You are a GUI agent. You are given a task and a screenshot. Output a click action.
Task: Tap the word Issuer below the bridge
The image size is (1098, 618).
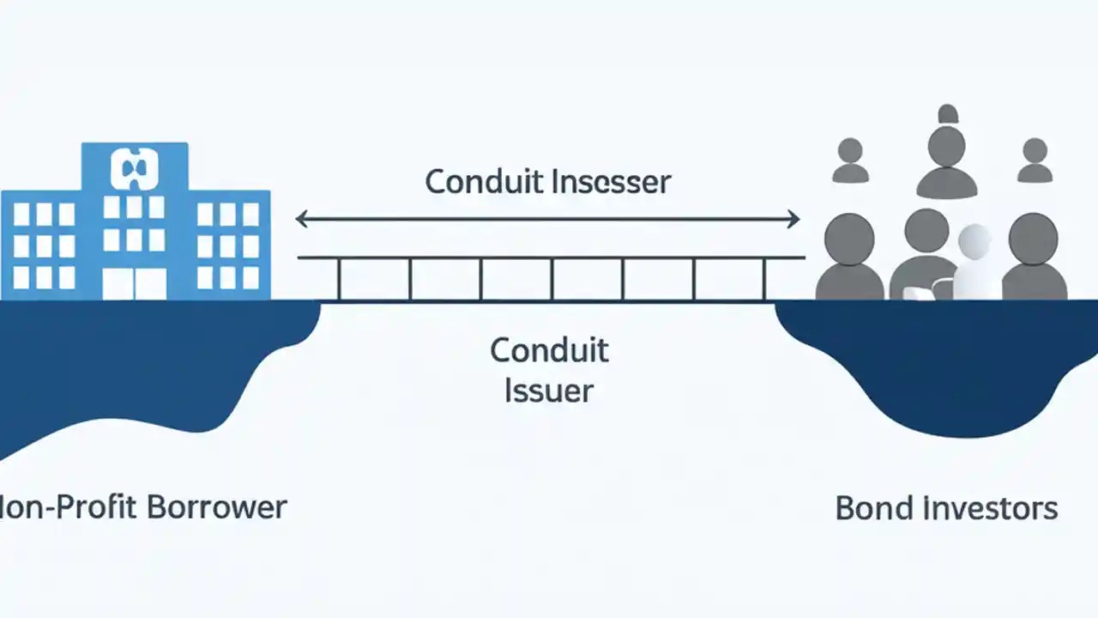click(x=549, y=391)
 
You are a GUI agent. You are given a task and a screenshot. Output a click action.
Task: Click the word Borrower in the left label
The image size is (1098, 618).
click(x=216, y=507)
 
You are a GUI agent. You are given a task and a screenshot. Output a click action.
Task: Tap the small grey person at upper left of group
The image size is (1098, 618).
click(x=850, y=161)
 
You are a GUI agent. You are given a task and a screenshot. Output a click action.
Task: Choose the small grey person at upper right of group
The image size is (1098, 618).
click(x=1035, y=161)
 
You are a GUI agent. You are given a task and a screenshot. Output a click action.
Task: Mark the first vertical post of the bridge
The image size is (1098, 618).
click(x=339, y=279)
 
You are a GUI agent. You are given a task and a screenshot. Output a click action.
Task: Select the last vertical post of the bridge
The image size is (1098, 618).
click(x=764, y=279)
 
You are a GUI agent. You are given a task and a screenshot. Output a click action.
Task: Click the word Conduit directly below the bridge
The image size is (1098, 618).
click(x=549, y=350)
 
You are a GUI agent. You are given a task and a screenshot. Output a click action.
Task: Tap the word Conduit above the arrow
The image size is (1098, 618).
click(x=476, y=182)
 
